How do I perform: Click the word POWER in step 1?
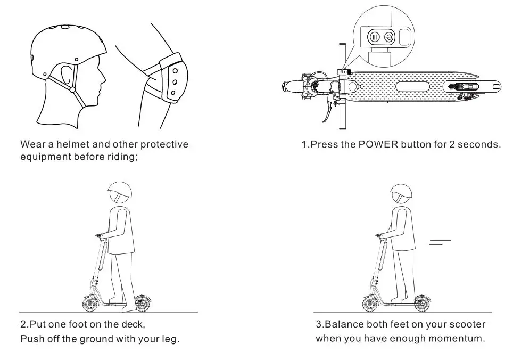click(378, 145)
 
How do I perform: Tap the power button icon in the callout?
click(389, 38)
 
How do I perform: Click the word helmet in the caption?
click(73, 144)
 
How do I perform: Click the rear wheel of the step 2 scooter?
click(142, 304)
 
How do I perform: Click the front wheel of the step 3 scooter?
click(370, 304)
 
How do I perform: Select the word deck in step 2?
click(133, 324)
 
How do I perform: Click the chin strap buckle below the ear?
click(72, 89)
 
